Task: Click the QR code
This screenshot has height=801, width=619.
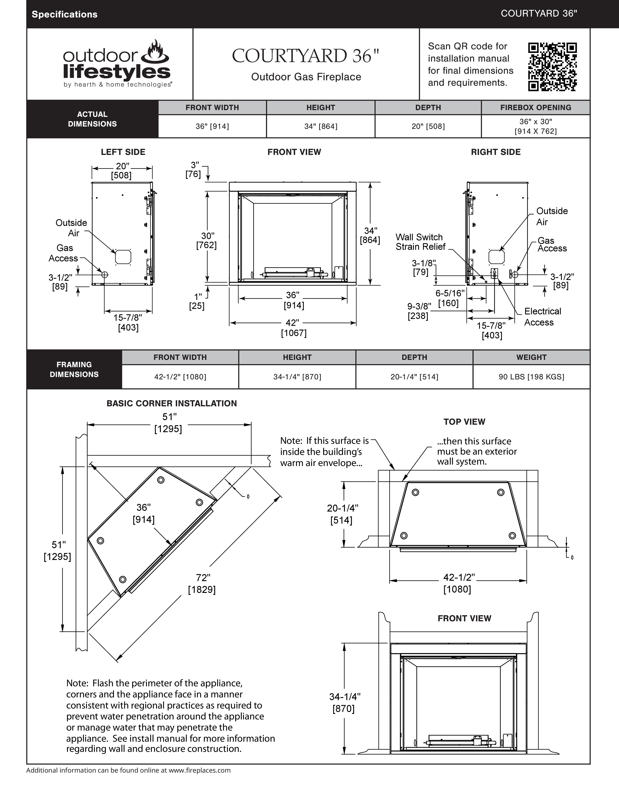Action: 552,67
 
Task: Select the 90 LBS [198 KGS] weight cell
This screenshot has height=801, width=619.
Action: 531,377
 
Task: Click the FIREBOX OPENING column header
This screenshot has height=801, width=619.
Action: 535,107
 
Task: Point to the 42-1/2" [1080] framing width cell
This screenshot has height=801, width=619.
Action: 180,377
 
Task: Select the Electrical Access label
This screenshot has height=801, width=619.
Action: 542,317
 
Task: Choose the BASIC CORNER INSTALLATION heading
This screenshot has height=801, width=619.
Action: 172,403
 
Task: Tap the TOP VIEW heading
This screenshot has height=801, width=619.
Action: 464,422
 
